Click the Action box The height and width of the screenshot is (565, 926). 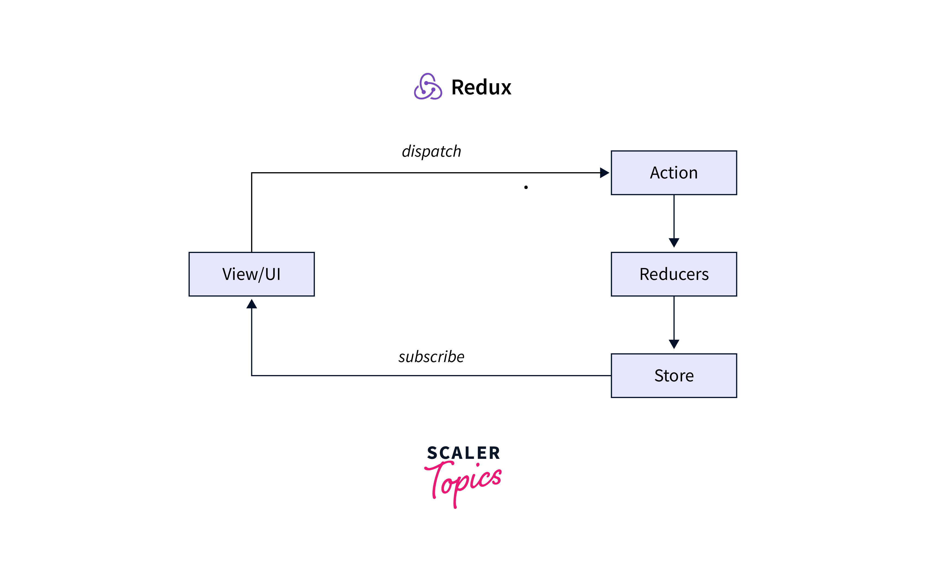(674, 173)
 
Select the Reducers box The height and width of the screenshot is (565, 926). (674, 274)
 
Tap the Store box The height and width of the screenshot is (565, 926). (674, 376)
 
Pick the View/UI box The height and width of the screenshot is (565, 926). (252, 274)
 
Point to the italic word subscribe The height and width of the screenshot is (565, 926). (431, 357)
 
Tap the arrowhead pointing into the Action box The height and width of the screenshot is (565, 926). (604, 173)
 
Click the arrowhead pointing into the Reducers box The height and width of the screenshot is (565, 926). (674, 243)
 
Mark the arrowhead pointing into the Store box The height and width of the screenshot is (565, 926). (674, 344)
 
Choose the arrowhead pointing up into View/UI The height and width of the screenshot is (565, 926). (252, 304)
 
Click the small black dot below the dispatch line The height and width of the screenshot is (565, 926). (526, 187)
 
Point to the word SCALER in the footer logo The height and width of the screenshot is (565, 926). (463, 453)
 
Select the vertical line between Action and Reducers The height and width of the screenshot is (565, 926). (674, 216)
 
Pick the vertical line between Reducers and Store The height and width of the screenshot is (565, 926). (674, 317)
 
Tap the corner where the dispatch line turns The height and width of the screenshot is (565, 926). (252, 173)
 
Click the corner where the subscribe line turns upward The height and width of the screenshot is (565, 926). (252, 376)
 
